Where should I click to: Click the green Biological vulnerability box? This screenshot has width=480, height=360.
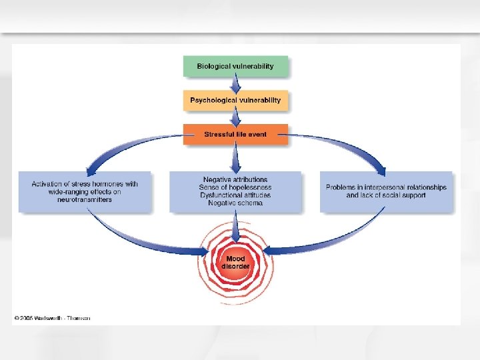(x=236, y=66)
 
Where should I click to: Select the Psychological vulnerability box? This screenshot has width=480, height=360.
(x=235, y=100)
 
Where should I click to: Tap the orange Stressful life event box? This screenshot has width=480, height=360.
(x=235, y=134)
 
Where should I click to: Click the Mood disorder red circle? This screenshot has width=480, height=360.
(x=235, y=262)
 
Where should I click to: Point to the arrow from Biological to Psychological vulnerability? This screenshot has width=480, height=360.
(x=235, y=84)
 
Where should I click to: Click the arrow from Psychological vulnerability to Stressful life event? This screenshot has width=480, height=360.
(x=235, y=117)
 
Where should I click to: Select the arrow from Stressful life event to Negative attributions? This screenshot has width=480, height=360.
(x=235, y=158)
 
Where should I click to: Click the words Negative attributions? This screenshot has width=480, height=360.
(x=235, y=179)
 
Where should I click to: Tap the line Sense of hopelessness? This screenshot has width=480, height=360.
(x=235, y=187)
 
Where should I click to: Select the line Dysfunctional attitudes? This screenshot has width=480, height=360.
(x=235, y=195)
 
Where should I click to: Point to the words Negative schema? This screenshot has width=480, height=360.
(x=235, y=203)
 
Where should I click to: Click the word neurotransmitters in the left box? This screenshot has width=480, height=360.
(x=85, y=199)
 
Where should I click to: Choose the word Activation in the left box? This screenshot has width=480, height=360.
(x=49, y=183)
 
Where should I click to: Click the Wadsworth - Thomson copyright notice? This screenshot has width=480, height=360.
(x=53, y=317)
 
